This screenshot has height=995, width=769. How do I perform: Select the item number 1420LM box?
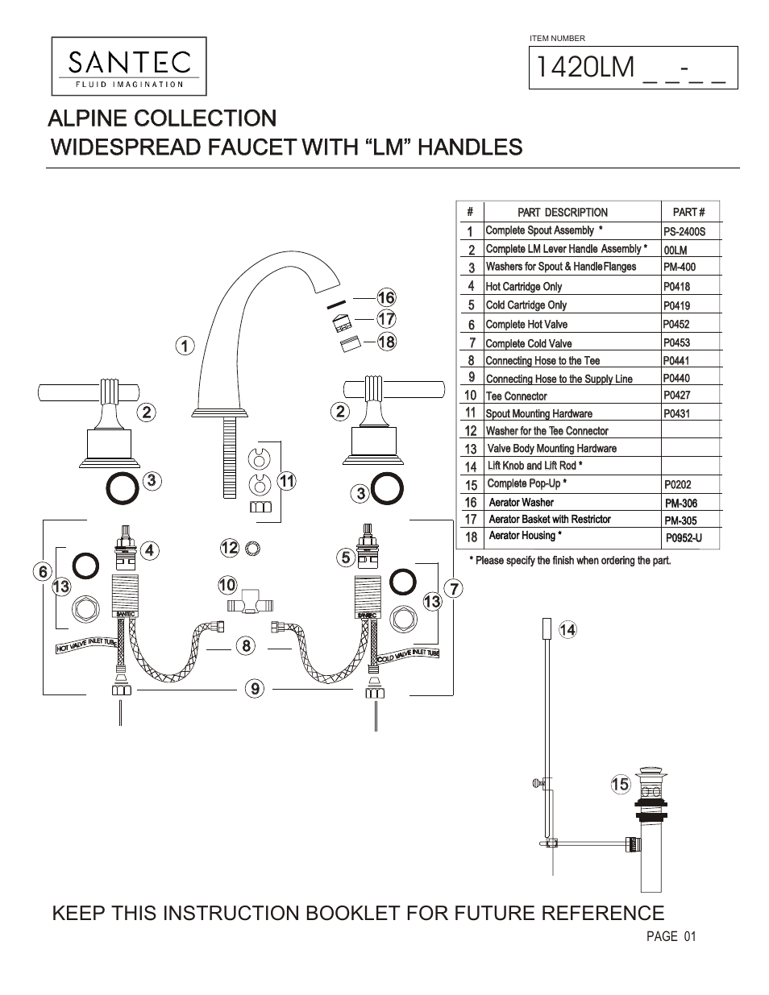633,66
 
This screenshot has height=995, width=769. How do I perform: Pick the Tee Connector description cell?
517,396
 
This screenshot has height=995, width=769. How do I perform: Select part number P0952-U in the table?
684,537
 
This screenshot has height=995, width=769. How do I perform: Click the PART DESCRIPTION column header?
563,213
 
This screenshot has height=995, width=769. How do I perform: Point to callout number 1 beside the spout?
185,346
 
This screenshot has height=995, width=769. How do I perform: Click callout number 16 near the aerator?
386,298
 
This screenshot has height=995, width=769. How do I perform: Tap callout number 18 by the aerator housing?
386,342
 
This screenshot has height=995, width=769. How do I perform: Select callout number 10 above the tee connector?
227,583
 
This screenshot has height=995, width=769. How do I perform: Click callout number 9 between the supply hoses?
255,688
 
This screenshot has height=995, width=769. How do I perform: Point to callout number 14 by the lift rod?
567,630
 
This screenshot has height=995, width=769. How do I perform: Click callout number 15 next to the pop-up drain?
619,784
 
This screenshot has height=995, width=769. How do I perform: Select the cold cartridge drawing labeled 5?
369,553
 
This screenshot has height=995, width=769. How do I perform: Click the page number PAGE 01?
671,936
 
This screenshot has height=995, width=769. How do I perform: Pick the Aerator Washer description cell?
522,502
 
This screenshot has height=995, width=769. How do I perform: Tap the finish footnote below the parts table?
569,560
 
